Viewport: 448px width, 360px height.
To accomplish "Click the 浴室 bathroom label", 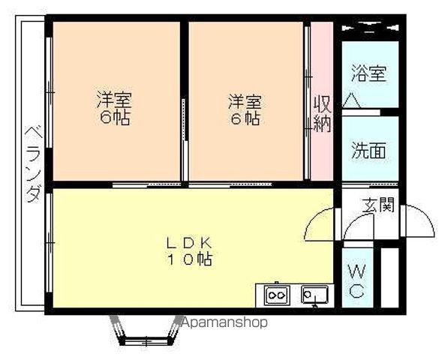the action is point(369,73).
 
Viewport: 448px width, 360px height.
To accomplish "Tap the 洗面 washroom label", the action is point(368,150).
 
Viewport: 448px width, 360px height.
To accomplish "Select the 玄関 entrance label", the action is point(378,205).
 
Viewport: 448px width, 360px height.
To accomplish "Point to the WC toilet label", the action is point(357,281).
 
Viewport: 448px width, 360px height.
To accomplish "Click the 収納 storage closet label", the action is point(322,113).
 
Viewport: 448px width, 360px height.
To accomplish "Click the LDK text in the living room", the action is point(189,243).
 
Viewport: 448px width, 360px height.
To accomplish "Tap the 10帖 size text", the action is point(189,259).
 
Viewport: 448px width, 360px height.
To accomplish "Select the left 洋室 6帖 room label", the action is point(114,108).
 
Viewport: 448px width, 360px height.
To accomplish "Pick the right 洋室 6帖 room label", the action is point(245,109).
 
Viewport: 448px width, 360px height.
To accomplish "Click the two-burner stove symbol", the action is point(277,294).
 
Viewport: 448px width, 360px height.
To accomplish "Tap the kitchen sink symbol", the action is point(314,294).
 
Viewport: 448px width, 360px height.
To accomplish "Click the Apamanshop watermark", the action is point(224,322).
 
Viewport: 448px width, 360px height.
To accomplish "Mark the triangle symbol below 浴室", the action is point(351,100).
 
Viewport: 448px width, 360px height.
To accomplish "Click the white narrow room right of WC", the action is point(389,277).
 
